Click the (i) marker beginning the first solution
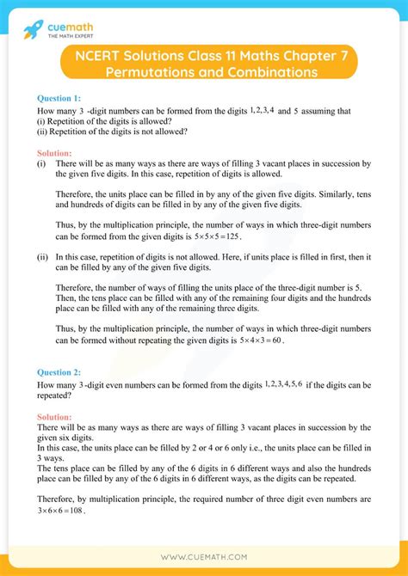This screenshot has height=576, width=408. point(41,162)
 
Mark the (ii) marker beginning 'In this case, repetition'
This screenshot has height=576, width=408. point(43,256)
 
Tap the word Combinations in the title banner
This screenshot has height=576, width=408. point(266,72)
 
